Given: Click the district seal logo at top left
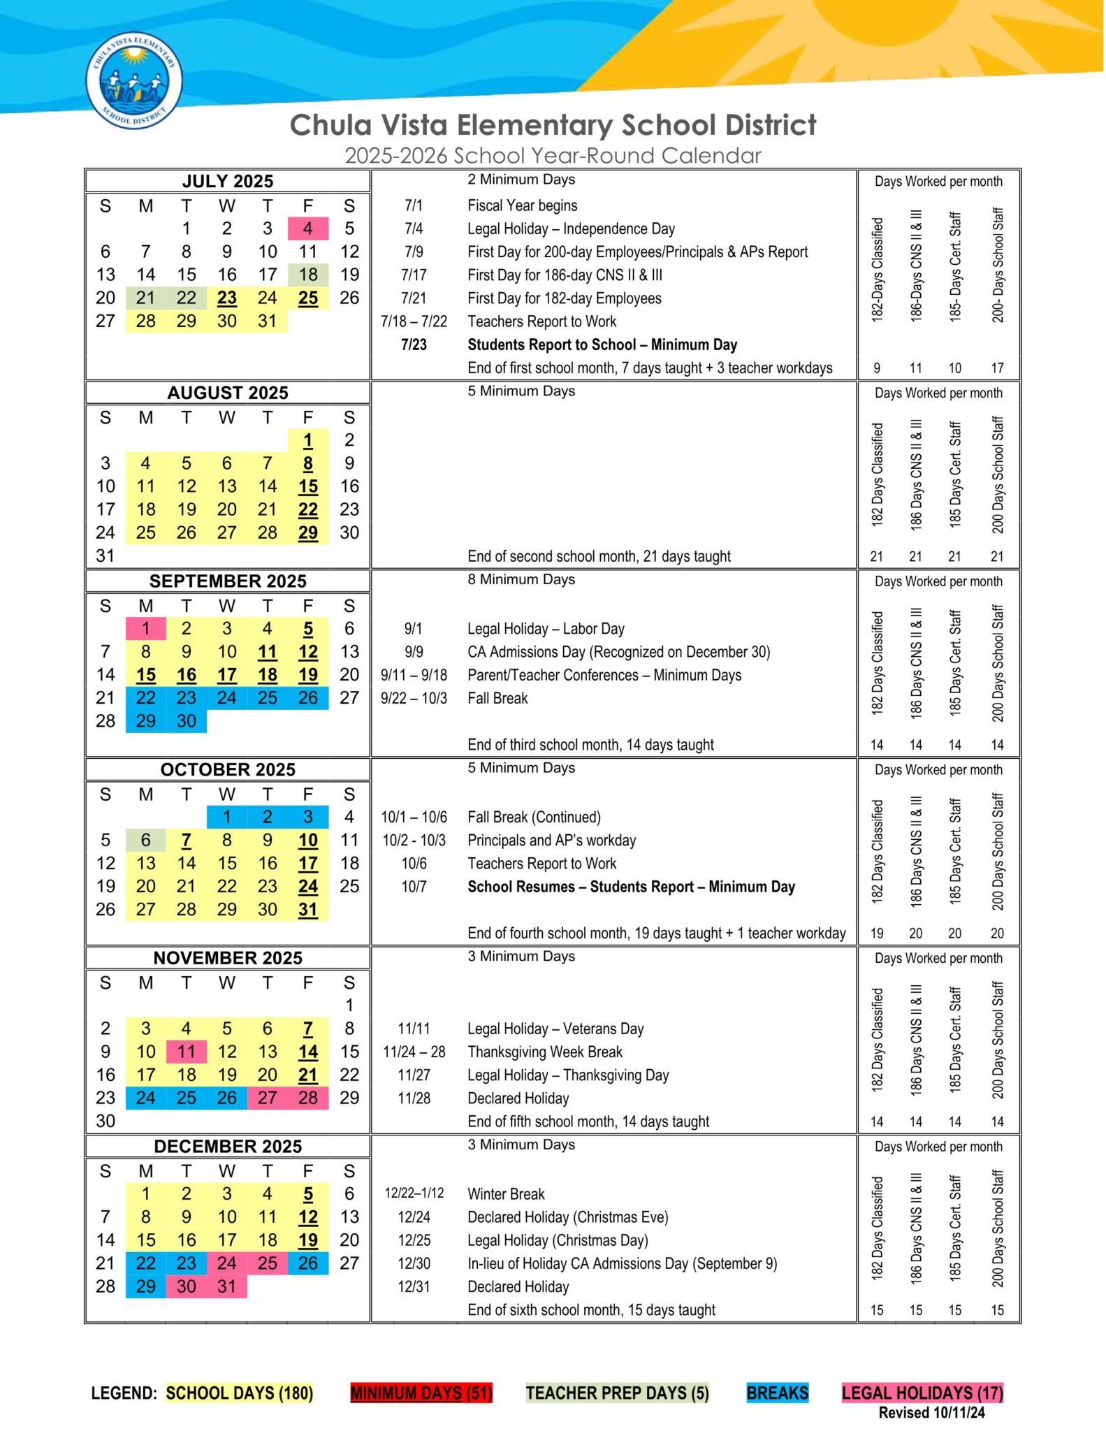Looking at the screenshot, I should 134,80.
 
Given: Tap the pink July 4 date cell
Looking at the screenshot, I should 307,228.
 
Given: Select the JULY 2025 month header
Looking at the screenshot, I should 228,182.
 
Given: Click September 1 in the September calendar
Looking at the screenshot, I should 146,629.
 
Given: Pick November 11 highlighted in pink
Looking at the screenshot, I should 187,1052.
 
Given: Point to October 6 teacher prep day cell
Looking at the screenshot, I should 146,840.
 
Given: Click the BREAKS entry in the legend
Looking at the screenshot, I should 777,1393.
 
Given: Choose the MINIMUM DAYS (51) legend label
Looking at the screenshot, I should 421,1393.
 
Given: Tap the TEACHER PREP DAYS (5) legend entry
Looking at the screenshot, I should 618,1393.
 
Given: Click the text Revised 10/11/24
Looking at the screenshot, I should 931,1412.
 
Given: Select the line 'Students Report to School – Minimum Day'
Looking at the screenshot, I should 602,344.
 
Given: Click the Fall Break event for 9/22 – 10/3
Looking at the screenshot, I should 497,698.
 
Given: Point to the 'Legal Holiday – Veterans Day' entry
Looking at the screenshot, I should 555,1029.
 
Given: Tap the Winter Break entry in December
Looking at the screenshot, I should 506,1193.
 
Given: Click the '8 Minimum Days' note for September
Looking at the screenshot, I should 521,579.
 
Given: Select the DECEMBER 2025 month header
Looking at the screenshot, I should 228,1147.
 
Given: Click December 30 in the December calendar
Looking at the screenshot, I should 187,1286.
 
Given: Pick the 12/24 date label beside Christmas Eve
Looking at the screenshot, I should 414,1217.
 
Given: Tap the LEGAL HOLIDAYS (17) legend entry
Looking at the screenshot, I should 922,1393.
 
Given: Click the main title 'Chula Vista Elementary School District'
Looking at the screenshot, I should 553,125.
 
